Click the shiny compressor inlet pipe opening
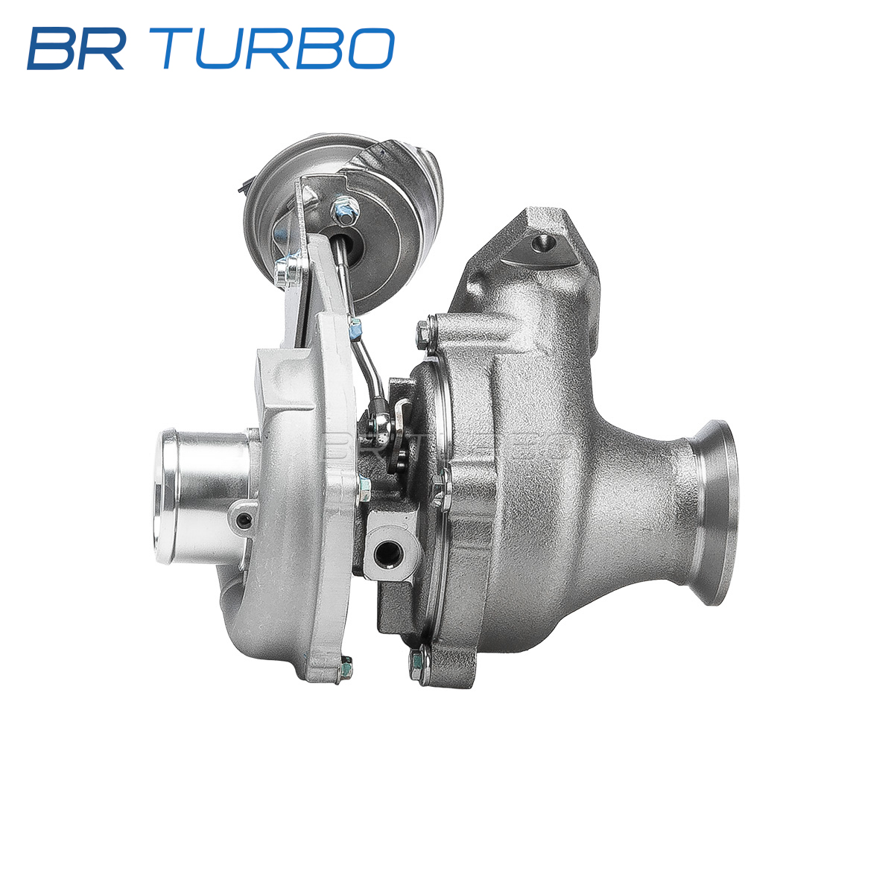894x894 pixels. [x=167, y=496]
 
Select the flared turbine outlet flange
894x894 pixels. [x=714, y=512]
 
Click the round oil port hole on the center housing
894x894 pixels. [x=385, y=552]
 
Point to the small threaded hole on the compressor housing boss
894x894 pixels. [x=243, y=521]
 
